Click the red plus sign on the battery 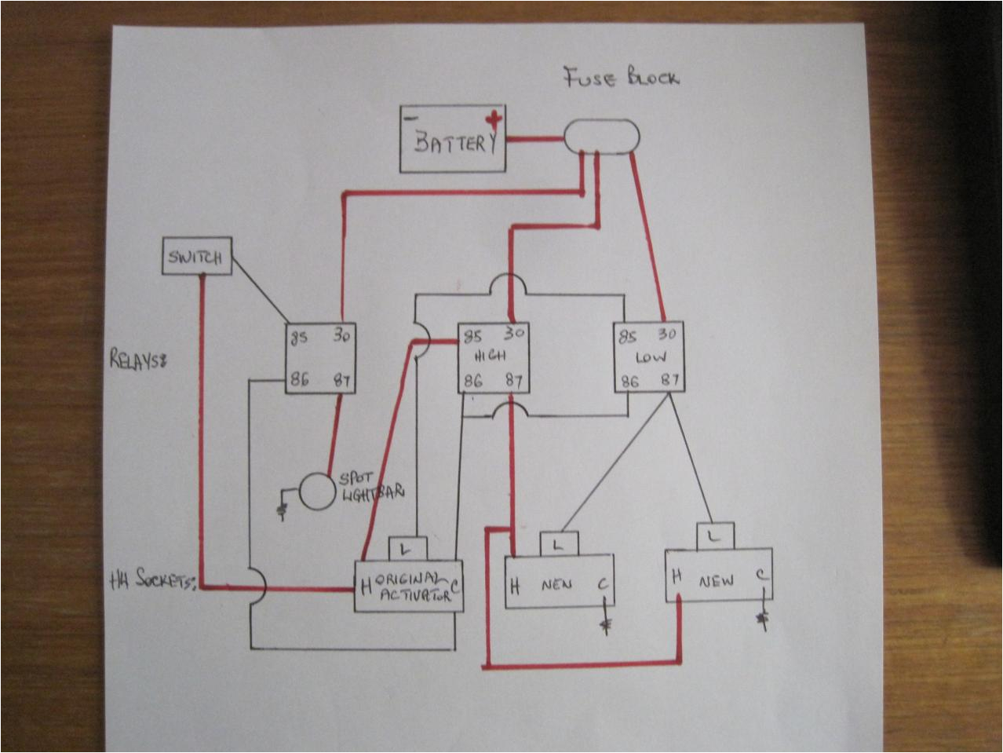click(x=493, y=120)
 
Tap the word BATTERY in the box click(x=456, y=144)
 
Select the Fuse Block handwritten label click(x=621, y=79)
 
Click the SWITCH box click(x=197, y=257)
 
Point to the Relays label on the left click(x=140, y=361)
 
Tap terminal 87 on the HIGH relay click(x=514, y=382)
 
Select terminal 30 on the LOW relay click(x=668, y=336)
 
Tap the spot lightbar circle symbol click(x=316, y=492)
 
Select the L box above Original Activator click(x=407, y=547)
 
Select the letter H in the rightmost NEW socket click(x=676, y=576)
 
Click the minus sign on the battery click(x=409, y=116)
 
